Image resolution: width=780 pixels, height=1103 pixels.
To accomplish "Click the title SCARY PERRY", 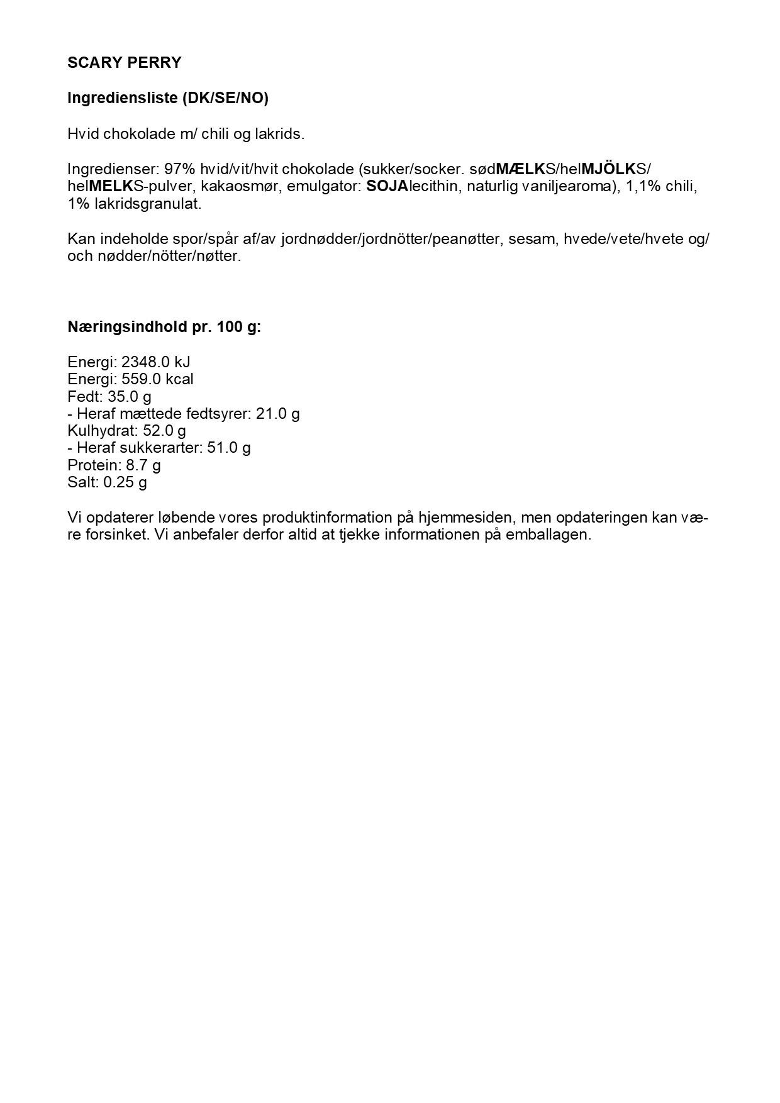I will tap(124, 63).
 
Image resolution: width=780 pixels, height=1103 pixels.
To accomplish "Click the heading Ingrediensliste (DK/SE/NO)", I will tap(167, 99).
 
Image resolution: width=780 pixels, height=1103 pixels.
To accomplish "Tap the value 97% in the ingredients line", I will tap(178, 170).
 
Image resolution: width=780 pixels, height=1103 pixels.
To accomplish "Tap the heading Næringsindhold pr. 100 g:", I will tap(164, 328).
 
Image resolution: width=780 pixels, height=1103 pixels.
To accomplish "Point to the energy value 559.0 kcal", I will tap(157, 379).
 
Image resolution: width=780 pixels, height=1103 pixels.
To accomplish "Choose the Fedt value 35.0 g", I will tap(130, 397).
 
